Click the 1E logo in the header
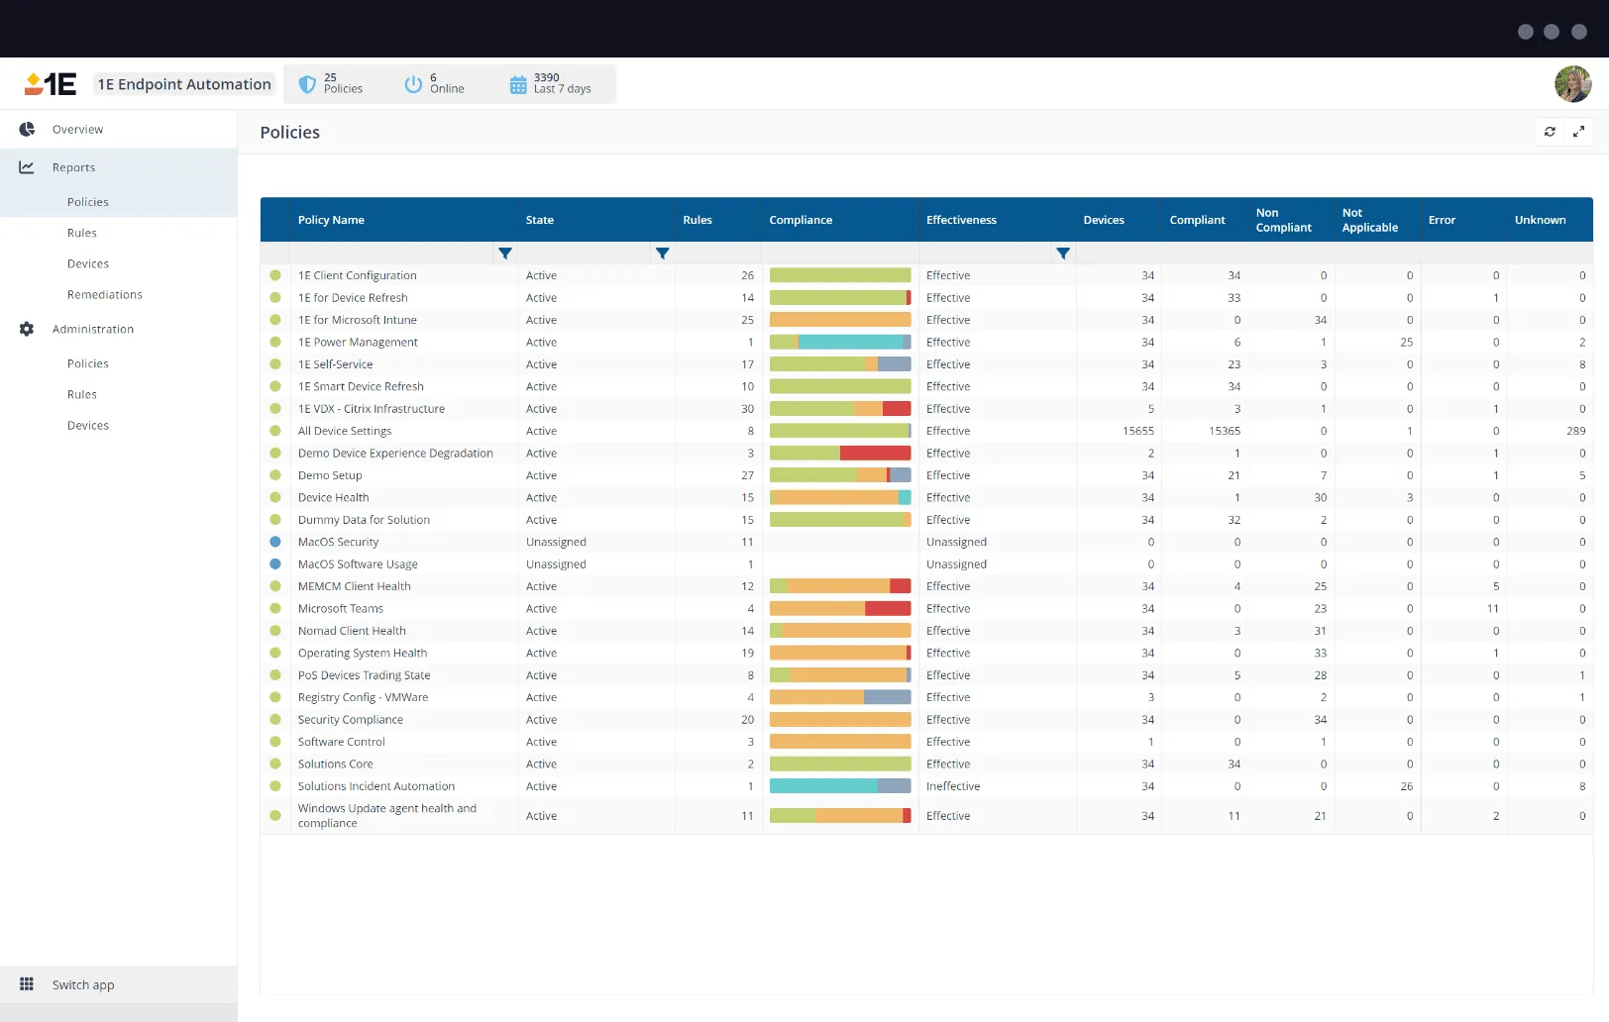(51, 84)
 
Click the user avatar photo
(1572, 84)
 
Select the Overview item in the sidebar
(77, 130)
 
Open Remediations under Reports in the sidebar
(104, 295)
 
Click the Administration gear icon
(27, 329)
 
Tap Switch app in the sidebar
(82, 985)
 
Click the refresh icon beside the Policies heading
(1550, 132)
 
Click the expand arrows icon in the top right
(1578, 132)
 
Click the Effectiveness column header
(961, 220)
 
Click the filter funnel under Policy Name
(505, 254)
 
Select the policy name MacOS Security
(338, 543)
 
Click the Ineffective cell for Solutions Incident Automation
(953, 786)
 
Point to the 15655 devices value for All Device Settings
(1137, 431)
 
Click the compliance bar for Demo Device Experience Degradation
(839, 454)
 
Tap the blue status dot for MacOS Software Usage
(275, 564)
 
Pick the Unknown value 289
(1575, 431)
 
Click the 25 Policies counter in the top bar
(331, 84)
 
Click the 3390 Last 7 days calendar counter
(550, 84)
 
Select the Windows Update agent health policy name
(386, 815)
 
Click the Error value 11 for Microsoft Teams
(1492, 609)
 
